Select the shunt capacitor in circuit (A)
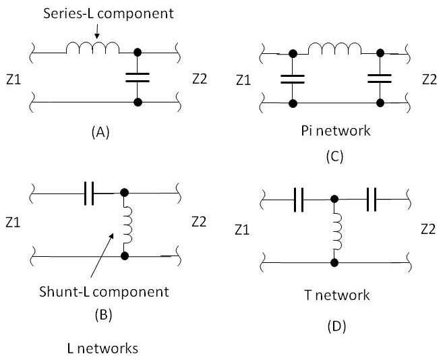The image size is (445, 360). tap(138, 78)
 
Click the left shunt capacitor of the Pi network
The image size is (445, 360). tap(293, 78)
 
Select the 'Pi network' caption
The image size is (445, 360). tap(334, 130)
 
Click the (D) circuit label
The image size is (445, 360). tap(335, 327)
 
